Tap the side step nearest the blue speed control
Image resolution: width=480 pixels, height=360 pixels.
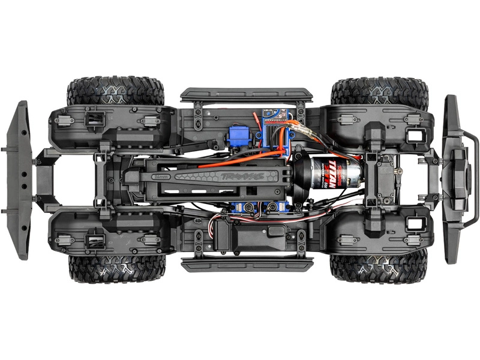246,95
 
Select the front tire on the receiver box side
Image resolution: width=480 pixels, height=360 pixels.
379,266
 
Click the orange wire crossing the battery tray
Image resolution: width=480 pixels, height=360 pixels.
228,161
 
